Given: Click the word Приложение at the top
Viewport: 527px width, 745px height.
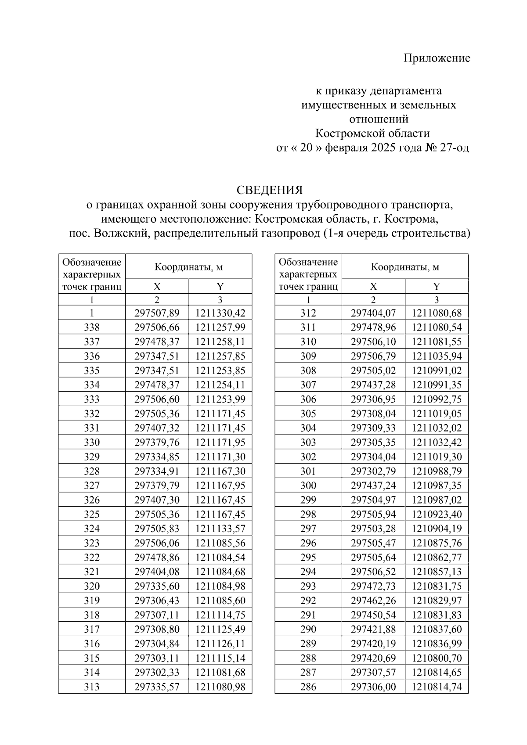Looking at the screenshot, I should (437, 58).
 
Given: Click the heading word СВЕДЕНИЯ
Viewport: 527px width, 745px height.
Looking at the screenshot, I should (270, 190).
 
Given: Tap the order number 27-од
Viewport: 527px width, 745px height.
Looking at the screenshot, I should (454, 148).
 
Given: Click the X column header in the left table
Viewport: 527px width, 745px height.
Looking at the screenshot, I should (157, 287).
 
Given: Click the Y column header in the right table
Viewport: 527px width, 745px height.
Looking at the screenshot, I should (437, 287).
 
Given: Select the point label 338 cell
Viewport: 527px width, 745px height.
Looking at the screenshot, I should (92, 328).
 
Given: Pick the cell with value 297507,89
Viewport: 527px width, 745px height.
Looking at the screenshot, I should (157, 313).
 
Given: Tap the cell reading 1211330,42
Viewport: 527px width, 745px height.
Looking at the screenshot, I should (220, 313).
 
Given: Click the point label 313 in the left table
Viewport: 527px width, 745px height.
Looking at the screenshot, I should (92, 687).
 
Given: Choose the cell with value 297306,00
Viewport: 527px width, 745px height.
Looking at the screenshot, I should (373, 687).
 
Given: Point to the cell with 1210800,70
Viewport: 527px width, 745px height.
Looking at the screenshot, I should (437, 658).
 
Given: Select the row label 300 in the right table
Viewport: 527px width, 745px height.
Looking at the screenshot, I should (308, 486).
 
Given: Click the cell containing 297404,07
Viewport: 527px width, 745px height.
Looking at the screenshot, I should (373, 313).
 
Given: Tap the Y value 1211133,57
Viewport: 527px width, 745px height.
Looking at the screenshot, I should (220, 529).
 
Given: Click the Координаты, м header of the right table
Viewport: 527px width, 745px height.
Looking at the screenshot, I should (405, 266).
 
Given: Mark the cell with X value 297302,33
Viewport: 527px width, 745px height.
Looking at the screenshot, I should (157, 673).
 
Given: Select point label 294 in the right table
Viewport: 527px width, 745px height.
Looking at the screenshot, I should (308, 572).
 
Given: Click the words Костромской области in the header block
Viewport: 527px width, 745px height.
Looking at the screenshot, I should (372, 133).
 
